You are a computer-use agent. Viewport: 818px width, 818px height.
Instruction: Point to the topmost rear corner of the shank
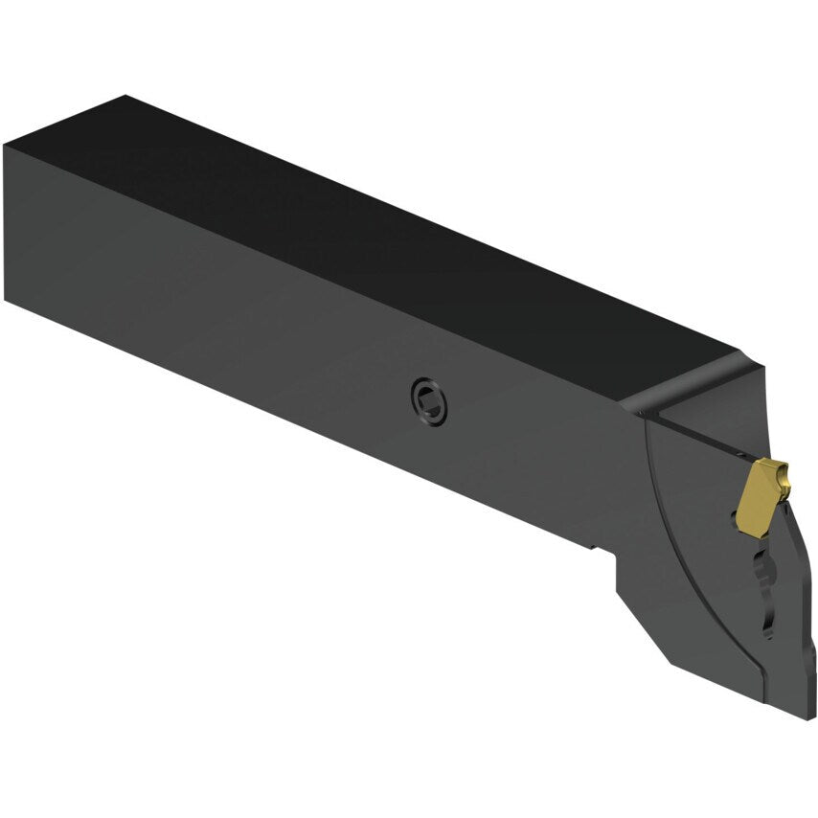pyautogui.click(x=125, y=96)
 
